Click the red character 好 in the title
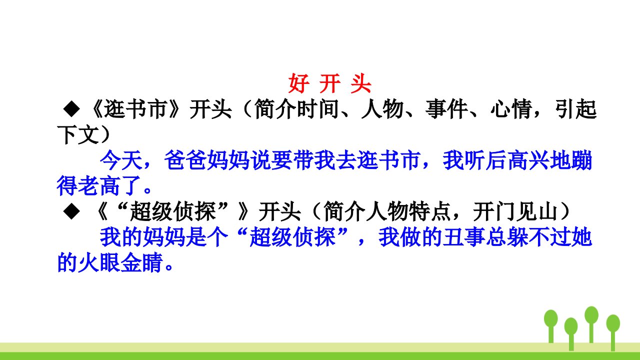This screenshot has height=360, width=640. [x=298, y=83]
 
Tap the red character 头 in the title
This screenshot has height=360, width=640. [x=361, y=83]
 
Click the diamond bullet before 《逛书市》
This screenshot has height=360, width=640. [x=71, y=108]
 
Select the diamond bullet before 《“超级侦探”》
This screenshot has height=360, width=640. [x=71, y=211]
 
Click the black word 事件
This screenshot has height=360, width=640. [x=446, y=109]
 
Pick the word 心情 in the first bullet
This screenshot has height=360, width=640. [x=511, y=109]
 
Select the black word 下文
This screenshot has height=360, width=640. [x=78, y=134]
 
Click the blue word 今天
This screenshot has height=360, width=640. [x=121, y=160]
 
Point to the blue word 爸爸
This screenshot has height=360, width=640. [x=185, y=160]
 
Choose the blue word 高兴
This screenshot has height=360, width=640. [x=528, y=160]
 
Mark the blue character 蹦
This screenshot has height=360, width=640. [x=581, y=160]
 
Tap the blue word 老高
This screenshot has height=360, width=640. [x=99, y=185]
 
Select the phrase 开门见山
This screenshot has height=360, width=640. [x=515, y=211]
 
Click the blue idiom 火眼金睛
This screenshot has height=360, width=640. [x=110, y=262]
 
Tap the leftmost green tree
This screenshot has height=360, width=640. [x=551, y=326]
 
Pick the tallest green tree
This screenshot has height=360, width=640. [x=591, y=324]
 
